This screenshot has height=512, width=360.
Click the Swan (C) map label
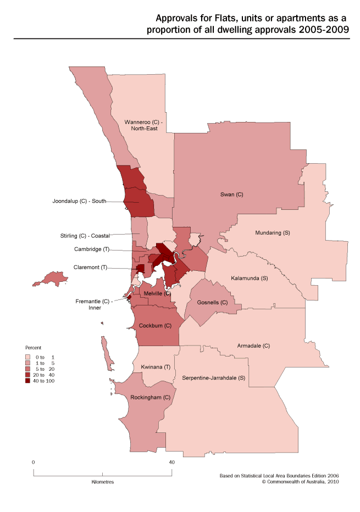pos(231,195)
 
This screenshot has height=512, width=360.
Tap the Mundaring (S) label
pos(272,233)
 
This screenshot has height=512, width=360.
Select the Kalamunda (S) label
pos(249,278)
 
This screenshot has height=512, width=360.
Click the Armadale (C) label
pos(253,346)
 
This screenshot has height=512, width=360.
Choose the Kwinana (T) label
pos(152,366)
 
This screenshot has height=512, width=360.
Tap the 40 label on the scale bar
pos(171,463)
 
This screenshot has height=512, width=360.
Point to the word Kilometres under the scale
pos(102,481)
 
